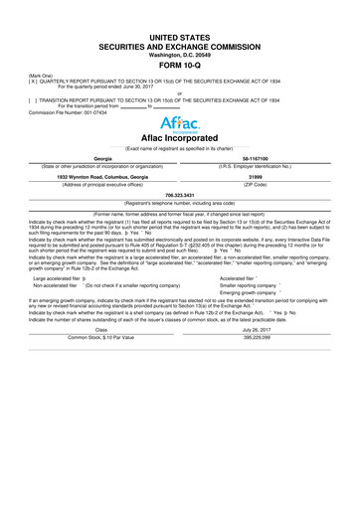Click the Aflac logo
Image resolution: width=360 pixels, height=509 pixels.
(x=179, y=124)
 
